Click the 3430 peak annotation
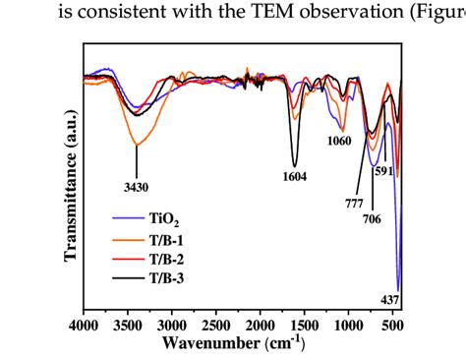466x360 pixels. pos(136,186)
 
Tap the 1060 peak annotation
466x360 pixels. pos(337,141)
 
